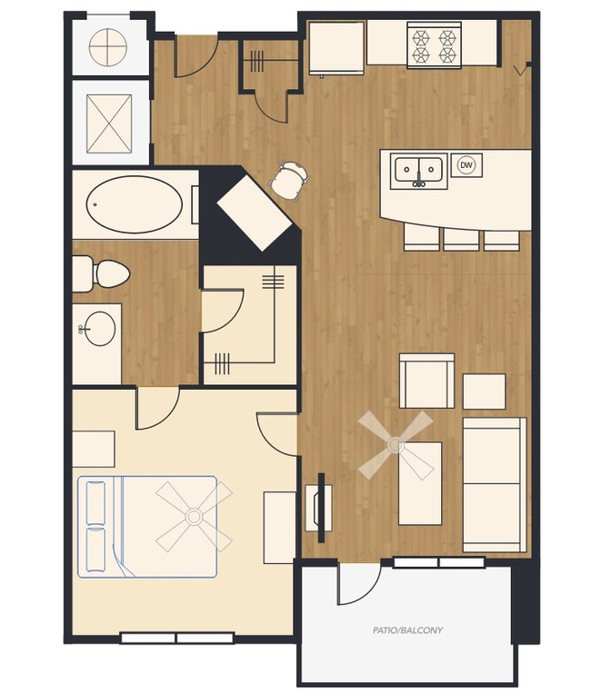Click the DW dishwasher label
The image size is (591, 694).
click(x=466, y=165)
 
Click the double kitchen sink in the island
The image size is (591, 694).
click(x=418, y=170)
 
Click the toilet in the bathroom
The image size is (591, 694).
click(x=102, y=273)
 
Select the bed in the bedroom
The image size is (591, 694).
click(x=147, y=526)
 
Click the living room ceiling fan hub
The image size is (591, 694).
click(x=395, y=445)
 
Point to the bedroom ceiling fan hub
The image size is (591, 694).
click(x=193, y=516)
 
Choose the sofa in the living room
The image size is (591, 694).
click(x=494, y=484)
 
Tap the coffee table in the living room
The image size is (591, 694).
click(x=420, y=483)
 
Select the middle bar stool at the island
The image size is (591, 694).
click(x=461, y=238)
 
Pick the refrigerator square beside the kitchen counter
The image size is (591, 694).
click(x=336, y=47)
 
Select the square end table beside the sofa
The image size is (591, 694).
click(x=484, y=392)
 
